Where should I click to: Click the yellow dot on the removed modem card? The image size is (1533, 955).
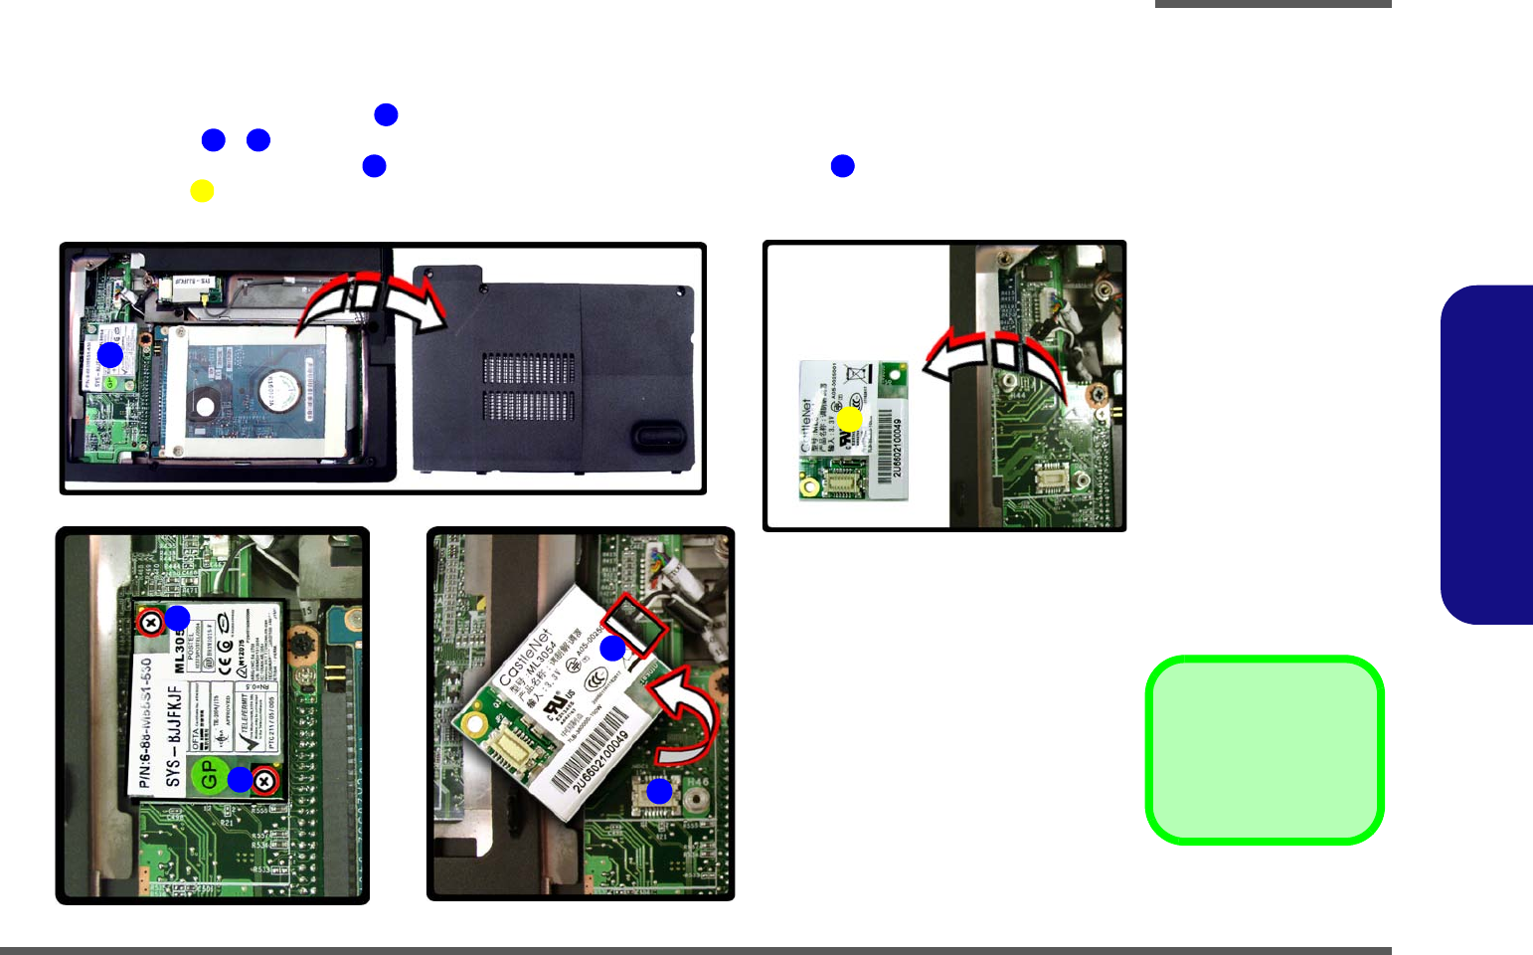pos(849,420)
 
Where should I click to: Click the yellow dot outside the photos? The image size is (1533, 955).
pos(202,191)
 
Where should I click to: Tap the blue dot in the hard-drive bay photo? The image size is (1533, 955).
pos(109,354)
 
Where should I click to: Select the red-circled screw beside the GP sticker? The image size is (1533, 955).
pos(264,781)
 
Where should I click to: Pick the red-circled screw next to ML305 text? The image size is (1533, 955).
pos(149,624)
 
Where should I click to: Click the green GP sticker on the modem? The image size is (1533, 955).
pos(207,774)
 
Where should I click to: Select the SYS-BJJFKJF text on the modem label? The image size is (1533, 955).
pos(174,735)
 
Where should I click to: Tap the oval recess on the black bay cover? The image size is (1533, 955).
pos(657,434)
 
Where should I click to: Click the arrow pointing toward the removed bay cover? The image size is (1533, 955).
pos(373,296)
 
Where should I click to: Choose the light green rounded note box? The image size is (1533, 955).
pos(1265,750)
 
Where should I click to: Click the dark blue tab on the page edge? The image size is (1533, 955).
pos(1487,455)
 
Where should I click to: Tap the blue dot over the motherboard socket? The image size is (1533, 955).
pos(659,792)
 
